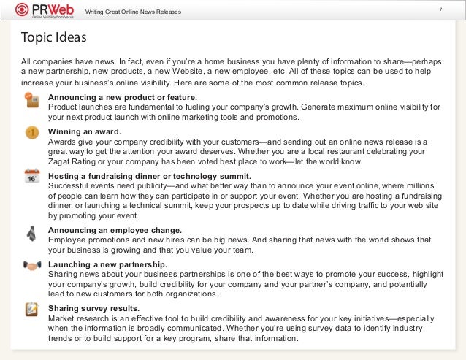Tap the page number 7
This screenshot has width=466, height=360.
coord(440,9)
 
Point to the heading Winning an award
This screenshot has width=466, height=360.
coord(85,131)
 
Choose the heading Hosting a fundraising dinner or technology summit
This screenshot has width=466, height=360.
coord(150,176)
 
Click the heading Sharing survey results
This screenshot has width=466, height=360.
coord(93,308)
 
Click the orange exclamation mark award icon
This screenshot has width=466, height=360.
coord(32,133)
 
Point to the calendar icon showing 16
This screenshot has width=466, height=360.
coord(31,177)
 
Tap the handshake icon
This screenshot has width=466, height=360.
coord(31,265)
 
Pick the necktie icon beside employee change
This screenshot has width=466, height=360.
coord(31,233)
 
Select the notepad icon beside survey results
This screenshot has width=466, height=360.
coord(31,309)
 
